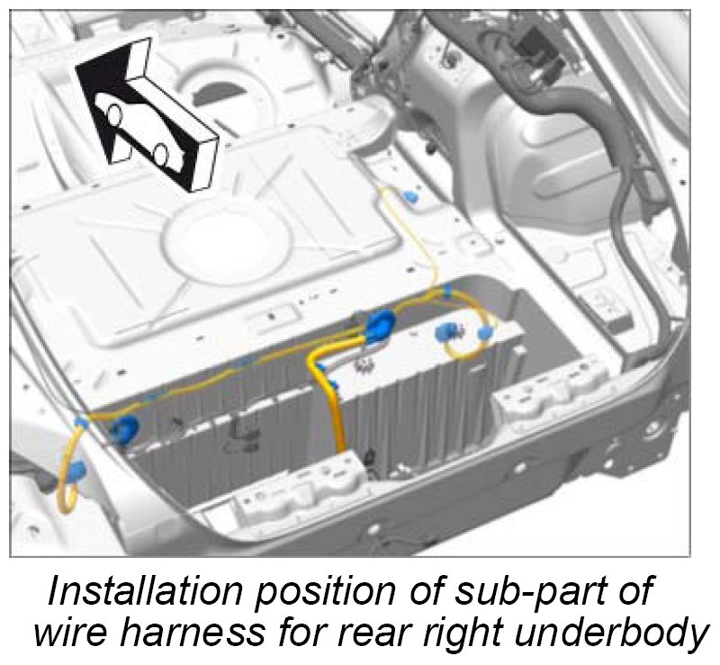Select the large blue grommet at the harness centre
click(x=379, y=326)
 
